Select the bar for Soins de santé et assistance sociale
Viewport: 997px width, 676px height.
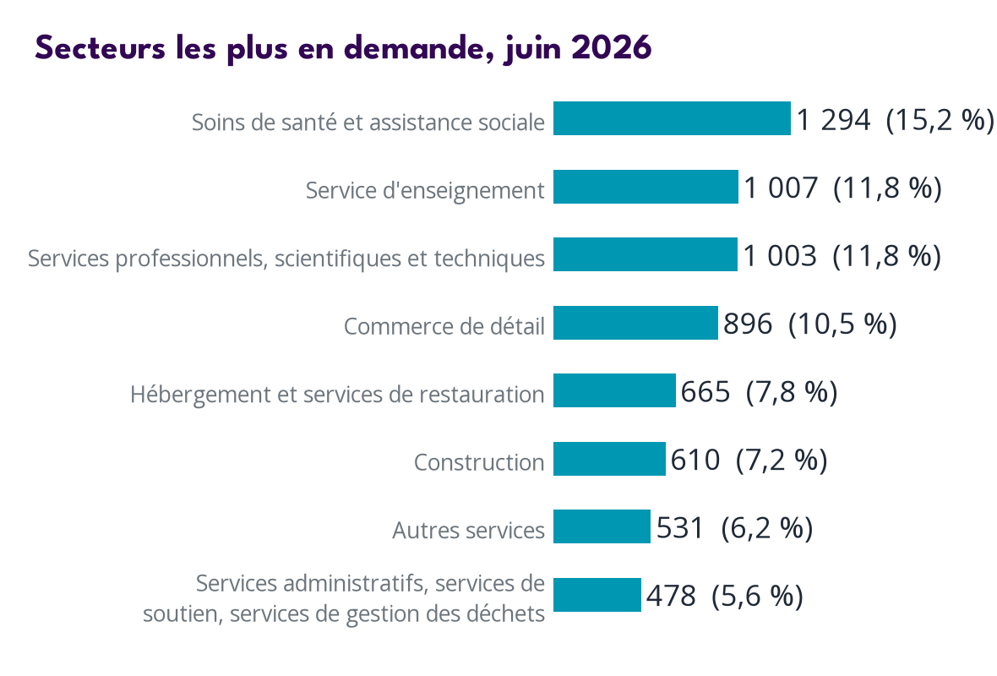tap(672, 118)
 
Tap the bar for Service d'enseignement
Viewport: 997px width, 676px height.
tap(646, 187)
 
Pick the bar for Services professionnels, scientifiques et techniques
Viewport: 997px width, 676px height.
tap(646, 254)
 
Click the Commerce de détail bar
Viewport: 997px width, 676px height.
tap(635, 323)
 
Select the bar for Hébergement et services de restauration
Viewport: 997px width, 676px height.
tap(614, 390)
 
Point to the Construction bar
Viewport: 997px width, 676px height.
tap(609, 459)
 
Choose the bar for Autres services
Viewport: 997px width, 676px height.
tap(602, 526)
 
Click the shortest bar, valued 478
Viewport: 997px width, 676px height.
tap(597, 595)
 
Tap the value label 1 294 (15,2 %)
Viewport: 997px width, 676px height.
tap(896, 119)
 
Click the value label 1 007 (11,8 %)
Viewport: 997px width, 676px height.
tap(842, 188)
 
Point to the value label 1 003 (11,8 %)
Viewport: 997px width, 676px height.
tap(842, 256)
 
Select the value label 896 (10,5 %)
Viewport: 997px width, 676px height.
tap(810, 324)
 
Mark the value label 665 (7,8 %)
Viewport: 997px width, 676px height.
tap(760, 392)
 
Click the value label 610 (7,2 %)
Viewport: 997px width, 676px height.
tap(749, 460)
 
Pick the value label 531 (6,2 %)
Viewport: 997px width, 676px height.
tap(734, 528)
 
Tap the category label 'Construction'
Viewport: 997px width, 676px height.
tap(479, 462)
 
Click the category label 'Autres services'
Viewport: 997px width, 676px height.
tap(469, 531)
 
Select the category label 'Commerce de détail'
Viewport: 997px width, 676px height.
tap(444, 326)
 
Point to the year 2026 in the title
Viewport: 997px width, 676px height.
tap(611, 48)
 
